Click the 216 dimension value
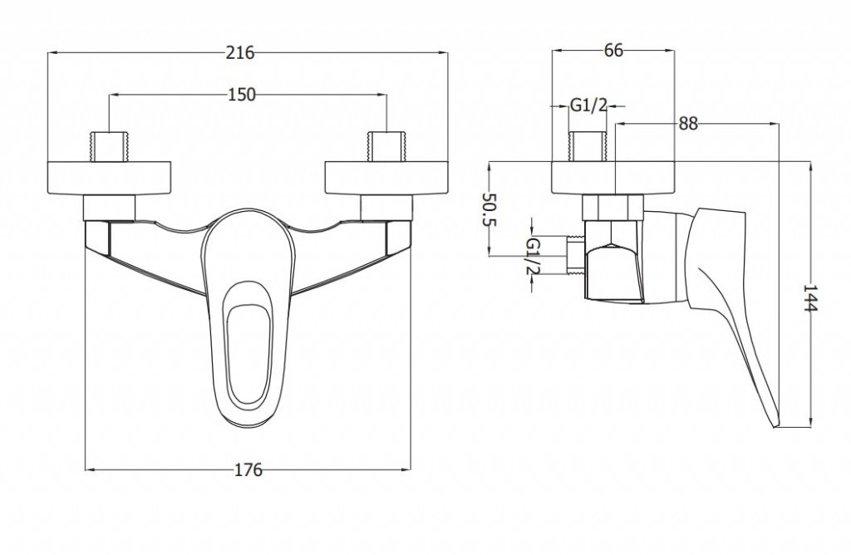[240, 52]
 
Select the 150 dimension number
[241, 95]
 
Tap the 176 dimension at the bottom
[248, 469]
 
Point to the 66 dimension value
[613, 51]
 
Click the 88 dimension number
[688, 124]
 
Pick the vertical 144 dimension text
[809, 297]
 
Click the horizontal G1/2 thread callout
[588, 106]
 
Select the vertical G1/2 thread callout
[534, 256]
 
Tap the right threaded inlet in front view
[386, 146]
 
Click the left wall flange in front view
[110, 178]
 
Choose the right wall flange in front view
[386, 178]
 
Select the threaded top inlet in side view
[587, 146]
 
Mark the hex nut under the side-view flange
[612, 207]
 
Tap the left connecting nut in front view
[110, 209]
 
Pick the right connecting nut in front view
[386, 209]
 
